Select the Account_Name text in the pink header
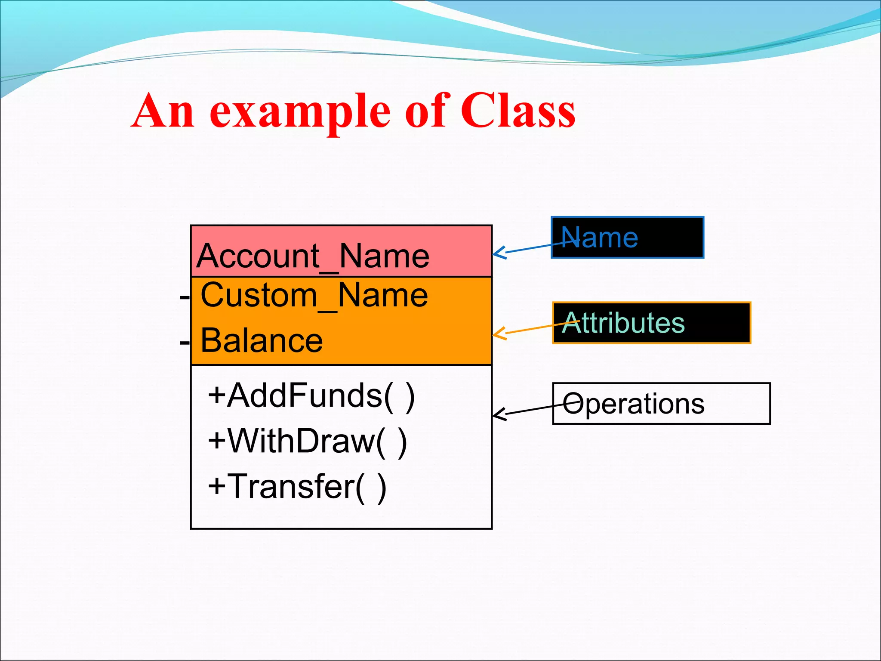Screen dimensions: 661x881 point(313,256)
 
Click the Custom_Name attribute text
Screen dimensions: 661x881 point(314,296)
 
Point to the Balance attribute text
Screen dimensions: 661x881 point(262,340)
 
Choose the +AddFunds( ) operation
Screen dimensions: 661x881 point(311,395)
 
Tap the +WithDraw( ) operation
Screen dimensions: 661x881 point(307,441)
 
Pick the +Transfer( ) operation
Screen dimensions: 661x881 point(297,487)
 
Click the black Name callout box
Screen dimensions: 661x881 point(627,238)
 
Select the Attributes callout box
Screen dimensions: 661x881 point(651,323)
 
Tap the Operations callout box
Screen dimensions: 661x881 point(661,404)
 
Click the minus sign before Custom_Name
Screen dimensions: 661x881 point(185,297)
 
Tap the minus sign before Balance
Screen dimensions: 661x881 point(185,343)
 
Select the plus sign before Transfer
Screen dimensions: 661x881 point(216,486)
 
